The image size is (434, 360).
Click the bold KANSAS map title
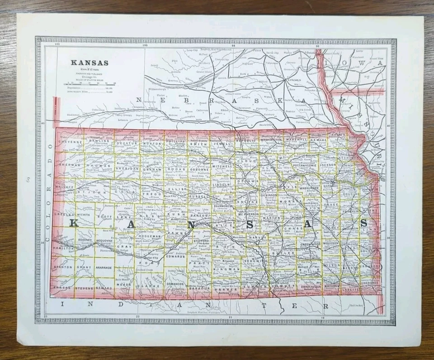coord(89,62)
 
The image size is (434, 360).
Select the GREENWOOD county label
coord(310,244)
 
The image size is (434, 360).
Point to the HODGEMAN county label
coord(151,236)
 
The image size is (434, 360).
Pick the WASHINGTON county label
coord(271,140)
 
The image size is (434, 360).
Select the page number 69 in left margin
coord(27,181)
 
